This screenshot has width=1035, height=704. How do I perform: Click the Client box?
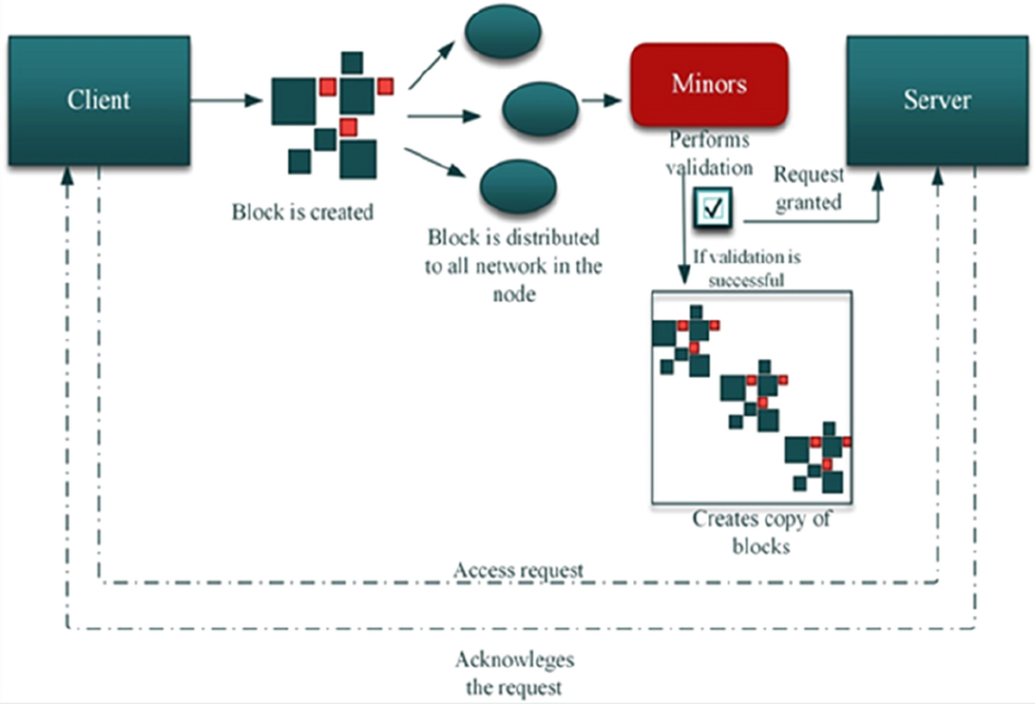coord(98,100)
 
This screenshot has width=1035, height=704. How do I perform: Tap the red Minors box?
coord(709,85)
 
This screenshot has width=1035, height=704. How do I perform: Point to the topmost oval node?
coord(502,33)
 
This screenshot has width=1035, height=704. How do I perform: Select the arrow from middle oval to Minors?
coord(602,100)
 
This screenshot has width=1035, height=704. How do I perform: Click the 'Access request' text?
coord(518,569)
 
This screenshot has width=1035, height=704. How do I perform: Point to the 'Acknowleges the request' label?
coord(514,674)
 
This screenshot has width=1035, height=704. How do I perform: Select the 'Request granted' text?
coord(808,188)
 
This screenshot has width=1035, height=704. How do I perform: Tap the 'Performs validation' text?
coord(710,153)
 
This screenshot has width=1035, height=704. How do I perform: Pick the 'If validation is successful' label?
coord(746,267)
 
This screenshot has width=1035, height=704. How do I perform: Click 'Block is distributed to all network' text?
coord(513,264)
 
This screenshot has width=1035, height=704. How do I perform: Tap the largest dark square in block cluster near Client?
coord(293,101)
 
